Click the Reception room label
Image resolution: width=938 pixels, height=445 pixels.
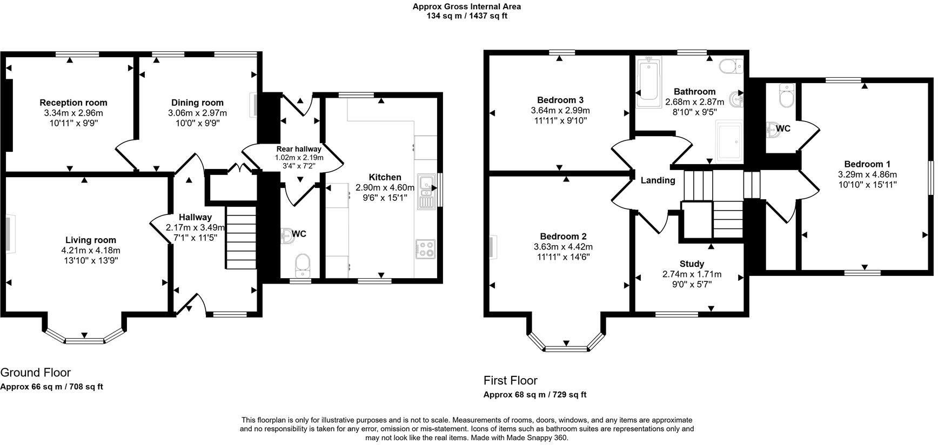[x=73, y=103]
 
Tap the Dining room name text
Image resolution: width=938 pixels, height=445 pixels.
[x=197, y=103]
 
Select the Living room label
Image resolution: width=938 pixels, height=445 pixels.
[x=91, y=240]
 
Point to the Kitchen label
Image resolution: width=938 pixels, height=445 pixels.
[x=385, y=177]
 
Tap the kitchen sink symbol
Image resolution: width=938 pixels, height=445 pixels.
[x=427, y=191]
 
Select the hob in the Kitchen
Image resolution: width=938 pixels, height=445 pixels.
[x=425, y=249]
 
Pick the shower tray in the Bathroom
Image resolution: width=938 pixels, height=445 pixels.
[x=729, y=141]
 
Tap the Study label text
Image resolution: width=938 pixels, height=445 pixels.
[x=692, y=264]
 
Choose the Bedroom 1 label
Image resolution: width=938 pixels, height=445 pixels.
[x=867, y=164]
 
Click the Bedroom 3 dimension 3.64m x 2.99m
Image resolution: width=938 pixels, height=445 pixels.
[x=560, y=111]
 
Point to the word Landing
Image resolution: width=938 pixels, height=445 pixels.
[x=658, y=180]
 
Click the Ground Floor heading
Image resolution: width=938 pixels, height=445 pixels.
[x=36, y=373]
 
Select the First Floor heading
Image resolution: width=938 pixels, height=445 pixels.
[x=511, y=380]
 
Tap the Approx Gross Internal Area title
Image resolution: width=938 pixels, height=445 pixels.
[x=467, y=6]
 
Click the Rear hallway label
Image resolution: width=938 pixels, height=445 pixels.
[x=299, y=149]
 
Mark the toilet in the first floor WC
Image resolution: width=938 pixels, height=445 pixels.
[x=785, y=97]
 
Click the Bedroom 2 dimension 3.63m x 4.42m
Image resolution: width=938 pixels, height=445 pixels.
[x=563, y=247]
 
